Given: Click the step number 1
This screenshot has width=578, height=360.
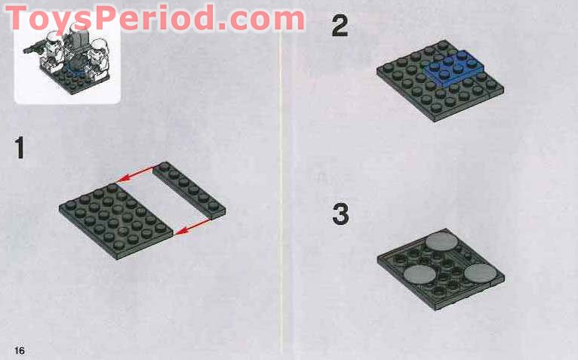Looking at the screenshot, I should click(20, 147).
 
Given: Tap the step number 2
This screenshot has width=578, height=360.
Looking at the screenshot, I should click(340, 27).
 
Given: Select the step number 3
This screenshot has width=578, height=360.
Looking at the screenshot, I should click(340, 214).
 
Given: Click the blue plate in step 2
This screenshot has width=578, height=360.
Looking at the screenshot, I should click(453, 67).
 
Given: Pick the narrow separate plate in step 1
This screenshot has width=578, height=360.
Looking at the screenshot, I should click(189, 189).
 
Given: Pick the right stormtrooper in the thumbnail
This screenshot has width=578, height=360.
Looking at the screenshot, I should click(96, 64).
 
